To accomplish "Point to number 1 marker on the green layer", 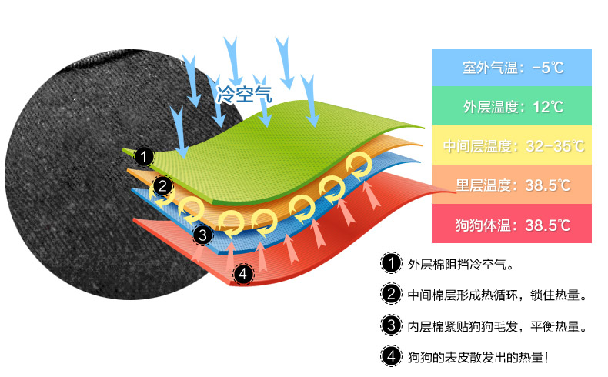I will tap(143, 156).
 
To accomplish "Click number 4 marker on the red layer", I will tap(242, 274).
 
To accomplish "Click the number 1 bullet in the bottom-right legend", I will tap(391, 263).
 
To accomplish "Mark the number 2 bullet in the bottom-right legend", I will tap(391, 294).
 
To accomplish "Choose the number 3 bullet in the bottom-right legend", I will tap(391, 325).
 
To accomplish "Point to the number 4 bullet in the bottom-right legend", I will tap(391, 356).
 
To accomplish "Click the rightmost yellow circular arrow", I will tap(359, 163).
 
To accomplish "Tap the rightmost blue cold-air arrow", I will tap(312, 100).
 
